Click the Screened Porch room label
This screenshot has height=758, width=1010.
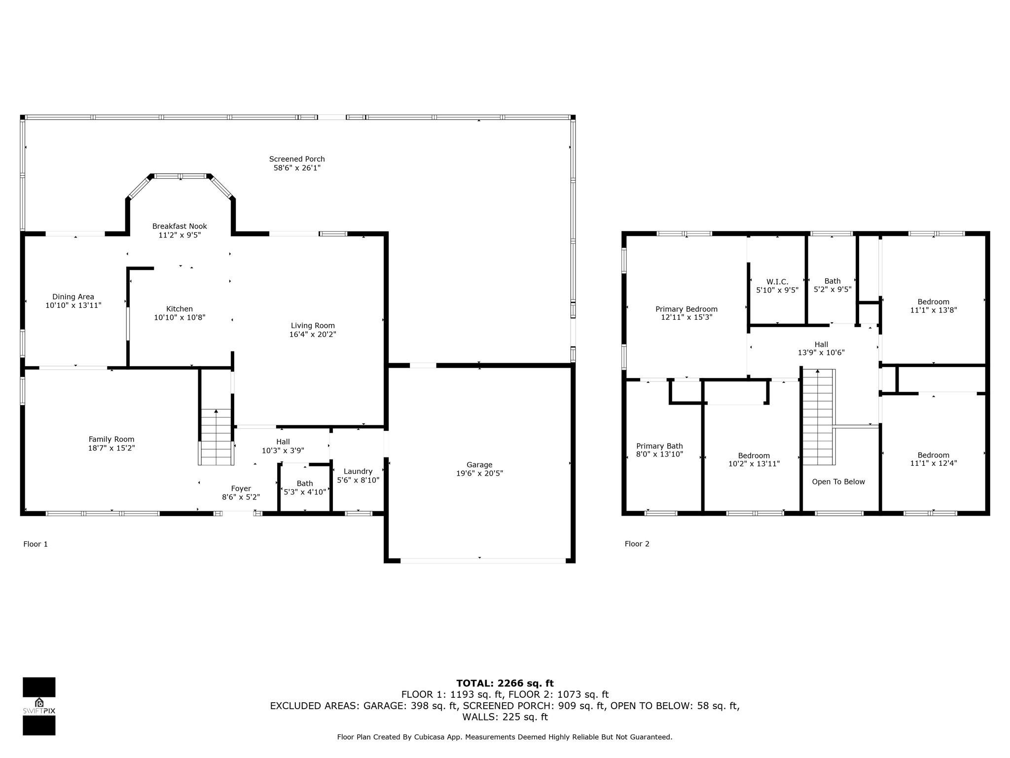pos(297,159)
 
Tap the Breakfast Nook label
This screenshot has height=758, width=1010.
pos(180,226)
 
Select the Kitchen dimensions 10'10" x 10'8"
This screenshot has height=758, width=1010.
pos(180,317)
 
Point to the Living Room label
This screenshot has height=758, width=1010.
pos(313,326)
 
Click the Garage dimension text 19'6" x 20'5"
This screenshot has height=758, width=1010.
pos(479,473)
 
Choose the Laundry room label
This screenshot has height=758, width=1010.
pos(358,471)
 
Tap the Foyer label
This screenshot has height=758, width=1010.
pos(241,489)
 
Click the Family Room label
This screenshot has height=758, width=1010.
pos(111,439)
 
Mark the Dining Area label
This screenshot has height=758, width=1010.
pos(73,297)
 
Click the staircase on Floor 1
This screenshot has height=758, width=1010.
pos(216,437)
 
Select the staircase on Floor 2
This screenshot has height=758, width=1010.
pos(819,417)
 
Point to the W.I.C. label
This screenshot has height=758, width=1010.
pos(777,282)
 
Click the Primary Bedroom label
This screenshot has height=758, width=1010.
pos(686,309)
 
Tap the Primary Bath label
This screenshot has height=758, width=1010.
pos(659,446)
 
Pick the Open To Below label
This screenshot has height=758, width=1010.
pos(838,482)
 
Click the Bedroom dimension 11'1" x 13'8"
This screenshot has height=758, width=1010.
pos(934,310)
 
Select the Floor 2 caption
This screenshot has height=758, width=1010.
pos(637,544)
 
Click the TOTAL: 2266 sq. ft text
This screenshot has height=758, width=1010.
pos(505,683)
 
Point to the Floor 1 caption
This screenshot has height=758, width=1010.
pos(36,544)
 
